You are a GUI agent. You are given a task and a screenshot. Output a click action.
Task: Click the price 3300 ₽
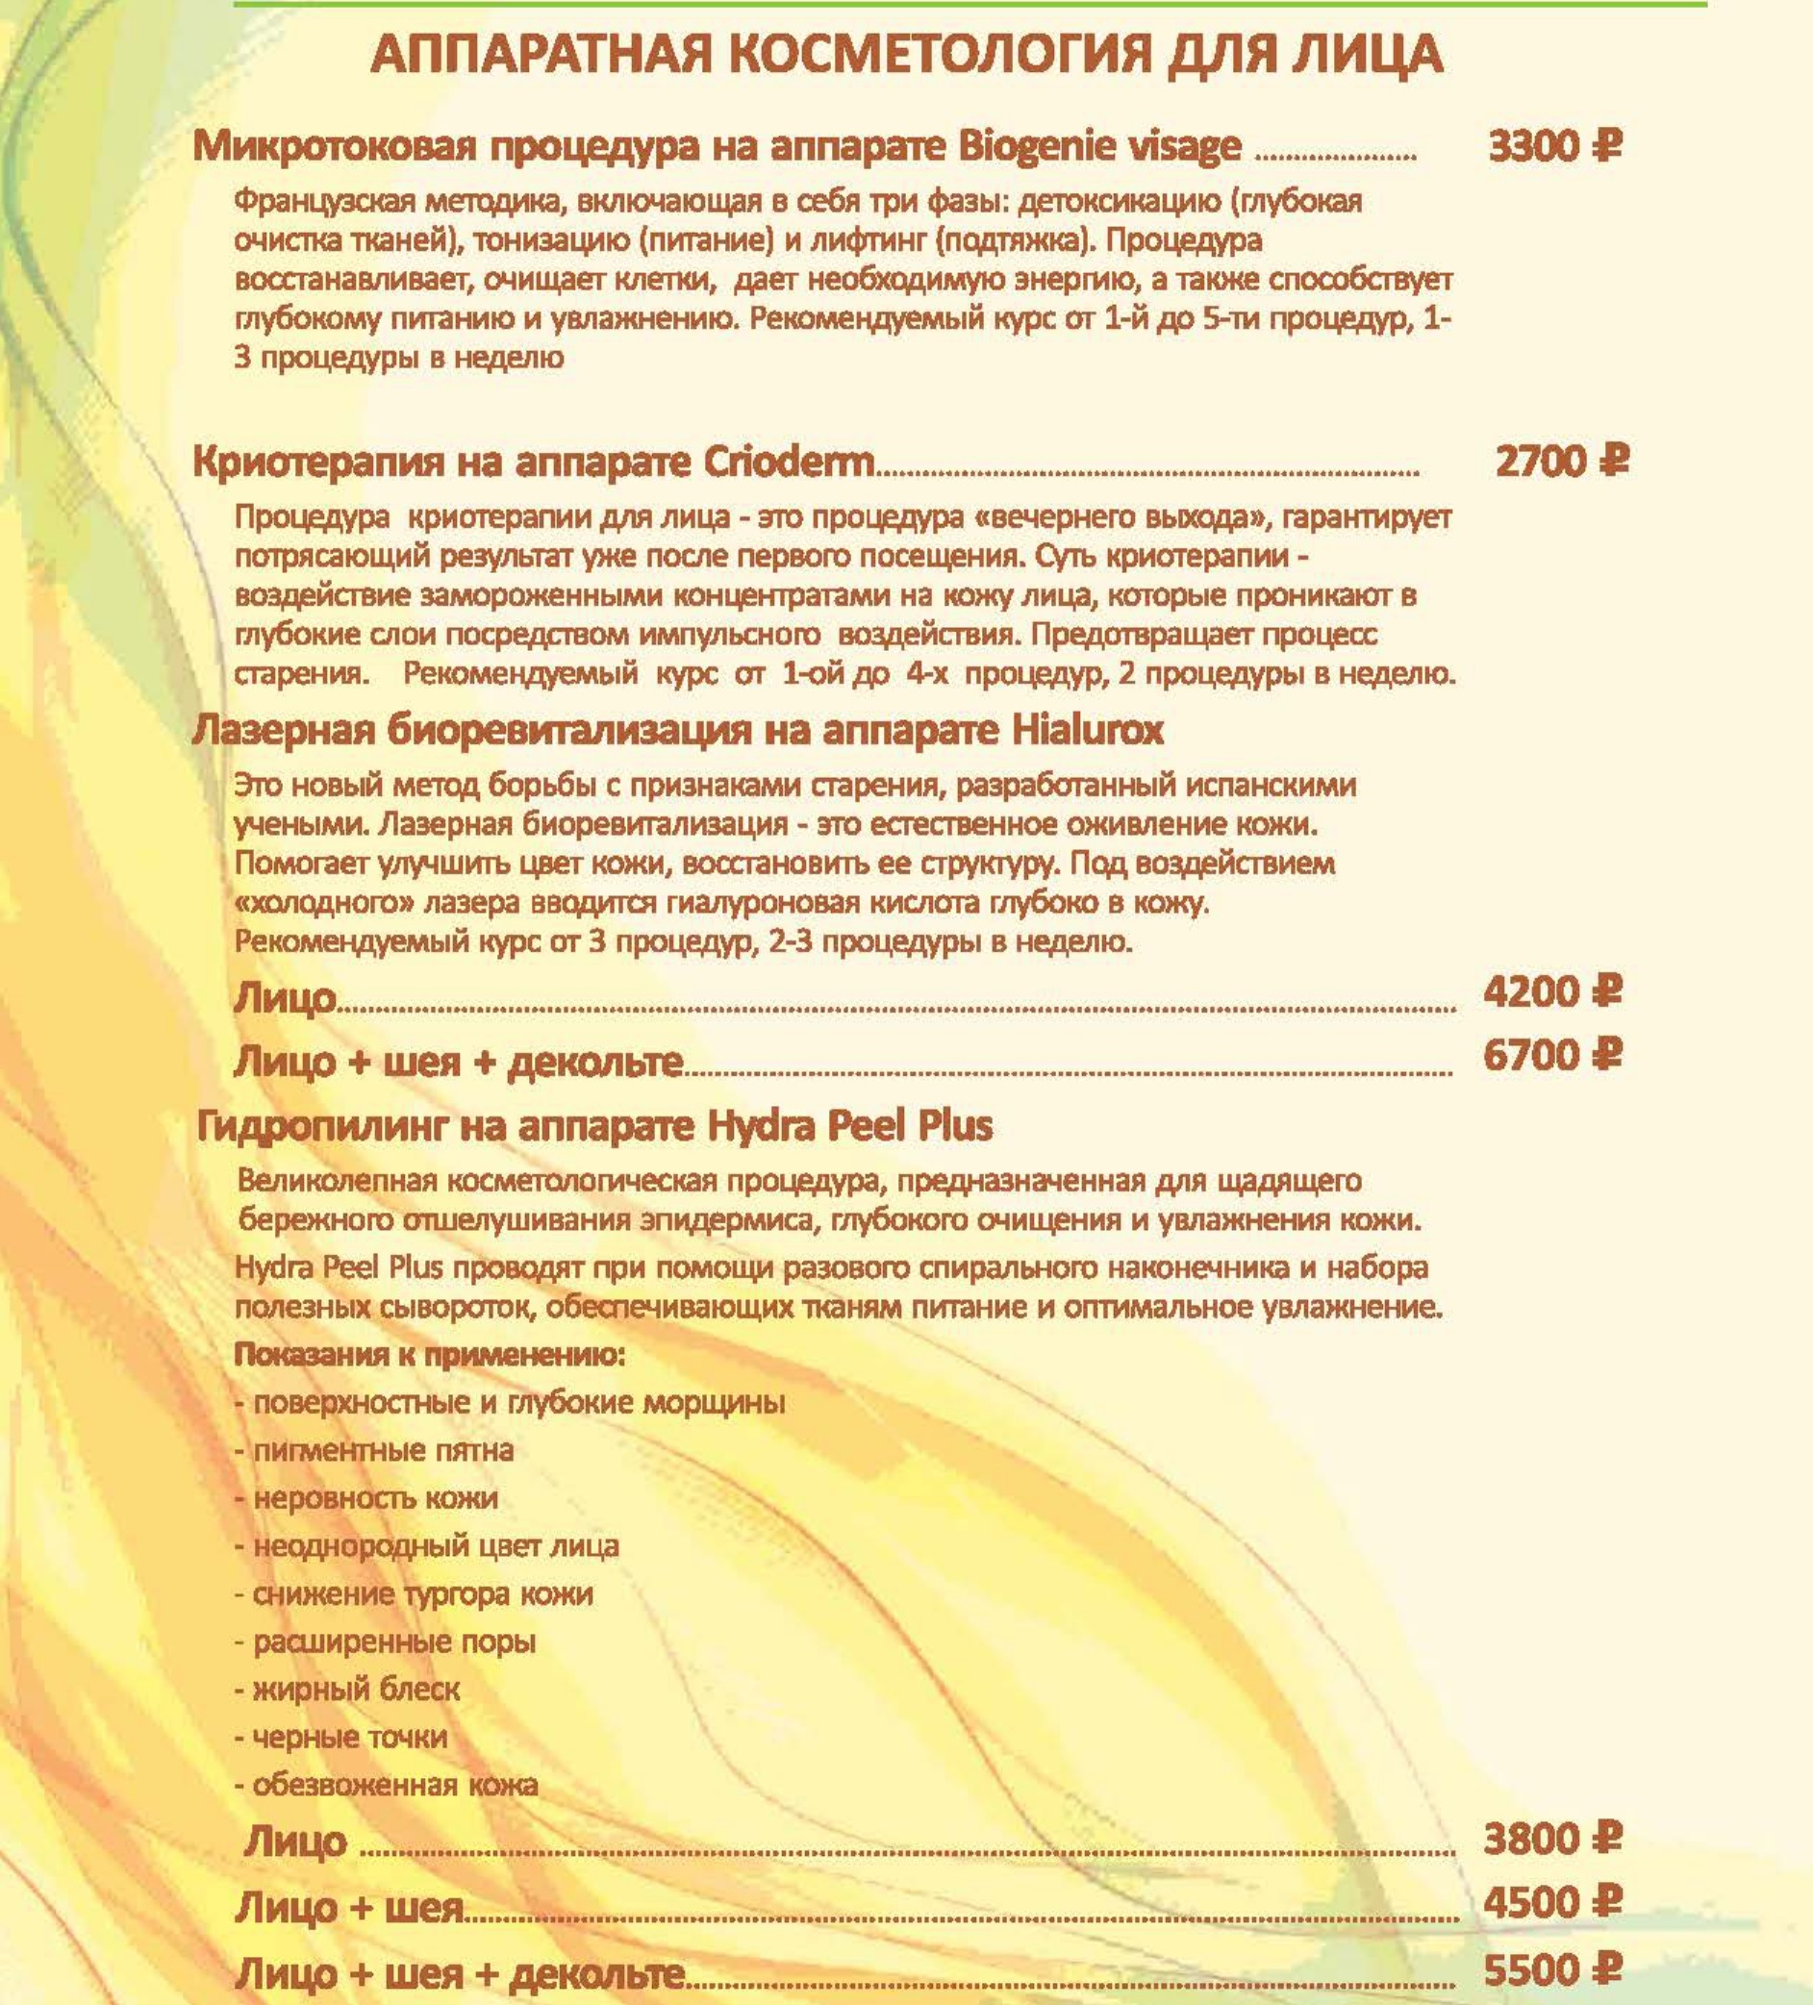tap(1554, 147)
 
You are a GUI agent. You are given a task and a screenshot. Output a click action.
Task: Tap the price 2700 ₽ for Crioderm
tap(1561, 462)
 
